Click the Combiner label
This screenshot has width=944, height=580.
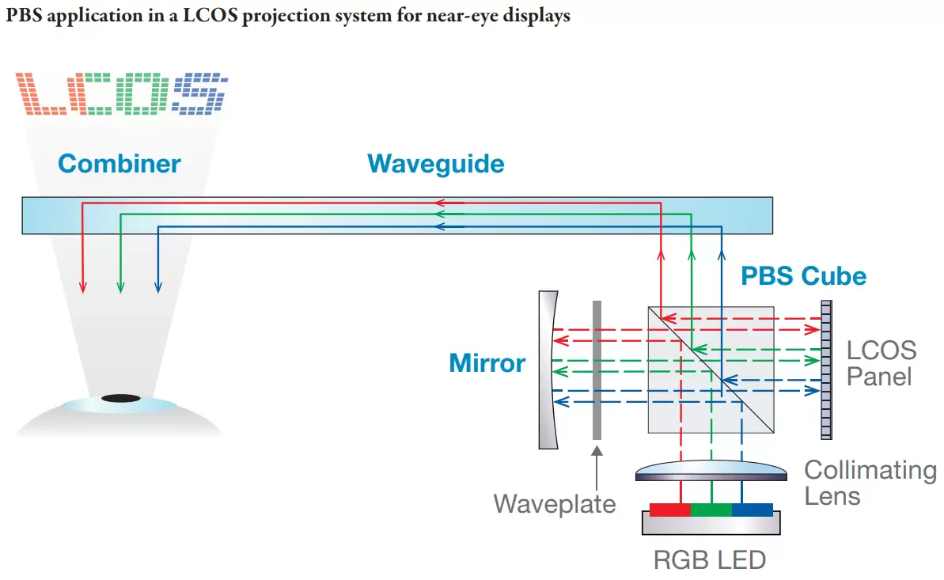click(x=119, y=164)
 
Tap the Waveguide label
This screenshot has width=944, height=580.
click(x=435, y=164)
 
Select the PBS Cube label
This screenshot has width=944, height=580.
click(x=802, y=276)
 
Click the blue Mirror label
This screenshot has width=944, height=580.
click(x=487, y=363)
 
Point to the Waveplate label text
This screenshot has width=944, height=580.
click(x=554, y=503)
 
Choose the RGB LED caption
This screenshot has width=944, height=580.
click(x=709, y=560)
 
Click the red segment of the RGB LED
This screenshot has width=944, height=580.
click(x=669, y=509)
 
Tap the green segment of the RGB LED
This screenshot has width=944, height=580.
click(x=711, y=509)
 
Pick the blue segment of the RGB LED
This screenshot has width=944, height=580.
click(x=752, y=509)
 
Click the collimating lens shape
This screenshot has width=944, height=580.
click(x=711, y=472)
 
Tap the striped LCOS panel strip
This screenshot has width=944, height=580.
click(x=826, y=369)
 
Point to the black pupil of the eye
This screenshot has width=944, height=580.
click(x=120, y=398)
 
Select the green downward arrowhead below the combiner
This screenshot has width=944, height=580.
click(x=120, y=286)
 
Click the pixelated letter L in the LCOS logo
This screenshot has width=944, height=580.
click(x=44, y=93)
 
